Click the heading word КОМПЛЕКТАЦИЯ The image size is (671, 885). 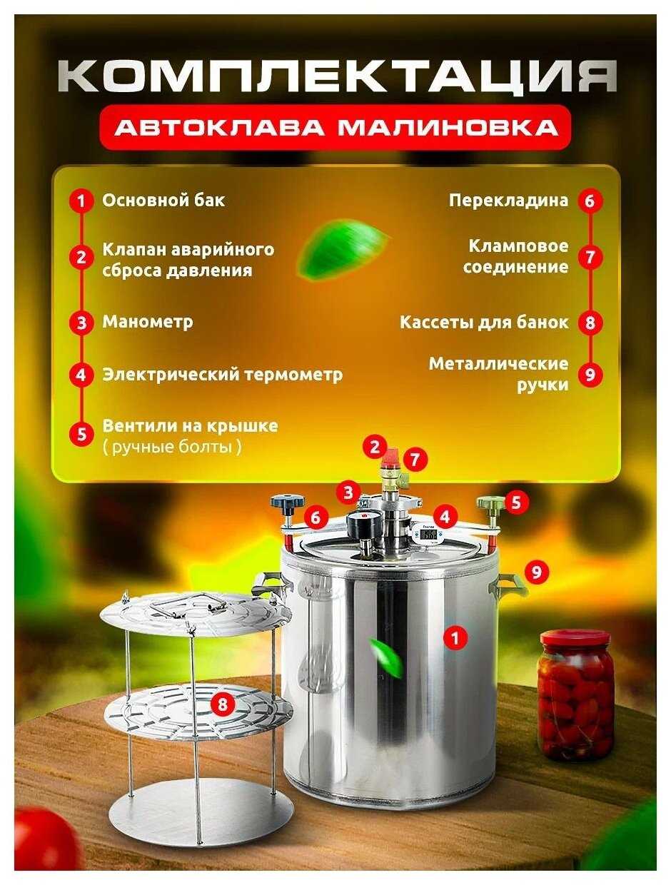pos(338,76)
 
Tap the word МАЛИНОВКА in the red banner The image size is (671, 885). pos(448,128)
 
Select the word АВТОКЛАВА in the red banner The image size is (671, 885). pos(219,128)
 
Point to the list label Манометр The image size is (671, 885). pos(148,323)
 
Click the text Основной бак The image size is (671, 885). pos(163,201)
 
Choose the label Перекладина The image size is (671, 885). pos(508,201)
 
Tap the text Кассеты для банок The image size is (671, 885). pos(484,323)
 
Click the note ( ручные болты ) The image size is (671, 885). pos(172,447)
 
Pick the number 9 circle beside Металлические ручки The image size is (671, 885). pos(590,375)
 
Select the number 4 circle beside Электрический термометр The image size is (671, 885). pos(81,375)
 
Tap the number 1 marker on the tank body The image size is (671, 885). pos(455,638)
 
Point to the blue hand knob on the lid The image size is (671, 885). pos(288,502)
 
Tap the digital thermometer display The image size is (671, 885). pos(428,535)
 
